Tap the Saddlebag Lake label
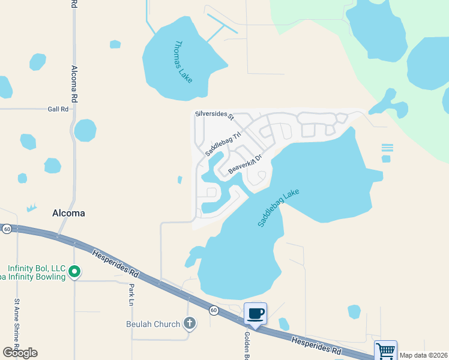[279, 208]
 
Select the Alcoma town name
[68, 213]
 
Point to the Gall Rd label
[58, 109]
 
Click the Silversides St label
[214, 113]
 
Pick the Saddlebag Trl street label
[223, 144]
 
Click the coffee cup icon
[256, 313]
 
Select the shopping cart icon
[385, 350]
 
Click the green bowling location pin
[74, 272]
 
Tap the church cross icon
[190, 324]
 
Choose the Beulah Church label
[153, 324]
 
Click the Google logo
[20, 353]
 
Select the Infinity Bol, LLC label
[36, 268]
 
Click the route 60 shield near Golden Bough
[214, 310]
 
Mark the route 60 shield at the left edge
[6, 229]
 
